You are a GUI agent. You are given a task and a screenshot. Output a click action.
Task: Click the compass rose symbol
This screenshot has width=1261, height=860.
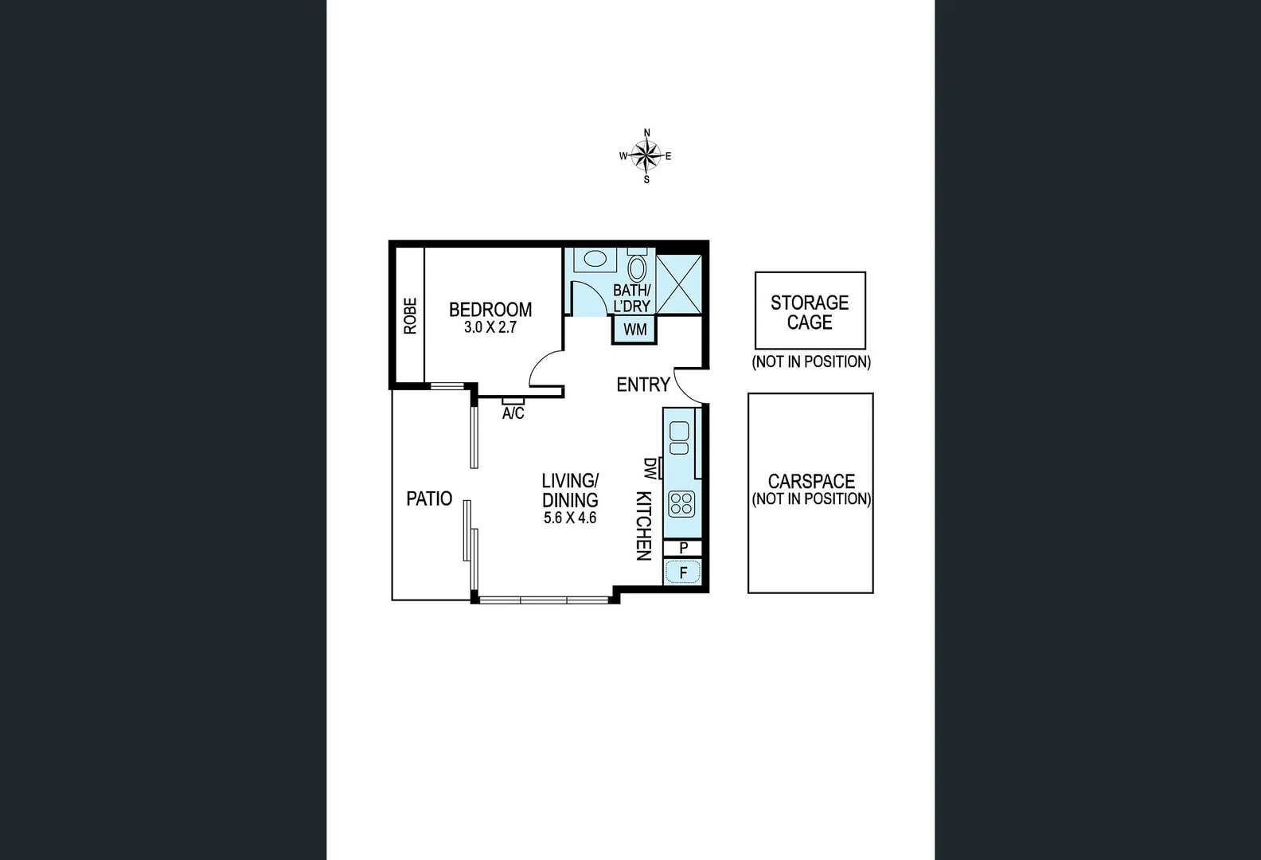[646, 156]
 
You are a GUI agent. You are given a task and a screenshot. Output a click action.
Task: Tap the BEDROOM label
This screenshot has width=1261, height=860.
[490, 309]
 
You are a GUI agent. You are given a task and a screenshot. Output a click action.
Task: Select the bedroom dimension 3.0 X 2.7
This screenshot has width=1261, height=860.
[490, 327]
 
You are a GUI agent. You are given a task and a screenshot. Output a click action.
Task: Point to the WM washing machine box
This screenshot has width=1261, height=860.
[634, 330]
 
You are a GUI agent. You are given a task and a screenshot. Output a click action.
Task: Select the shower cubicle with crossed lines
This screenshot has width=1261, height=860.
[679, 284]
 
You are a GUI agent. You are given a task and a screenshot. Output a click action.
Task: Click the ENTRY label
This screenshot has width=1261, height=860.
[642, 385]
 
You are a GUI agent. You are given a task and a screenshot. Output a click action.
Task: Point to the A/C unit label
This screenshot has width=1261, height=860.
[513, 413]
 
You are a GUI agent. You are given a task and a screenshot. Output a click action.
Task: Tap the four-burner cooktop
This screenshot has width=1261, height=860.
[681, 503]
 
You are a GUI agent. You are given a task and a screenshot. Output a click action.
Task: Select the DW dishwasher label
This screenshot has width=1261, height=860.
[650, 468]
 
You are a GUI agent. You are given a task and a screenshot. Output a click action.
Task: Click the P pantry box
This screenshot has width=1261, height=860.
[683, 548]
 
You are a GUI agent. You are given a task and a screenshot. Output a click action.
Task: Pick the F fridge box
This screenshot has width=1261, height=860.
[683, 572]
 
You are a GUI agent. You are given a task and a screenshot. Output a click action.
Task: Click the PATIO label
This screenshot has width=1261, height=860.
[429, 498]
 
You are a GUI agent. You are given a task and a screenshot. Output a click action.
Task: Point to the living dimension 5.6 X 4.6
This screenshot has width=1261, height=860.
[570, 518]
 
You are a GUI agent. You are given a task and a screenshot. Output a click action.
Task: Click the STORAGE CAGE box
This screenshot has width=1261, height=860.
[810, 311]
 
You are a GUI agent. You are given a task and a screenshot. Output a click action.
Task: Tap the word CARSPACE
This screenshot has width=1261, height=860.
[811, 481]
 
